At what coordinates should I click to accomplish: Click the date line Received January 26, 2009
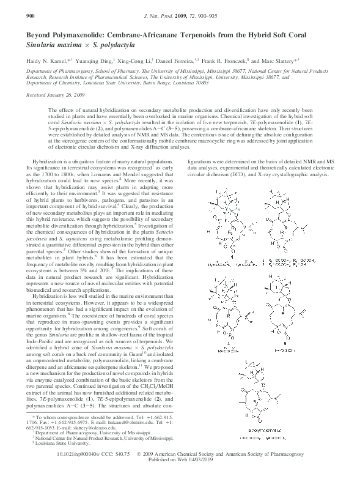click(53, 94)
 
